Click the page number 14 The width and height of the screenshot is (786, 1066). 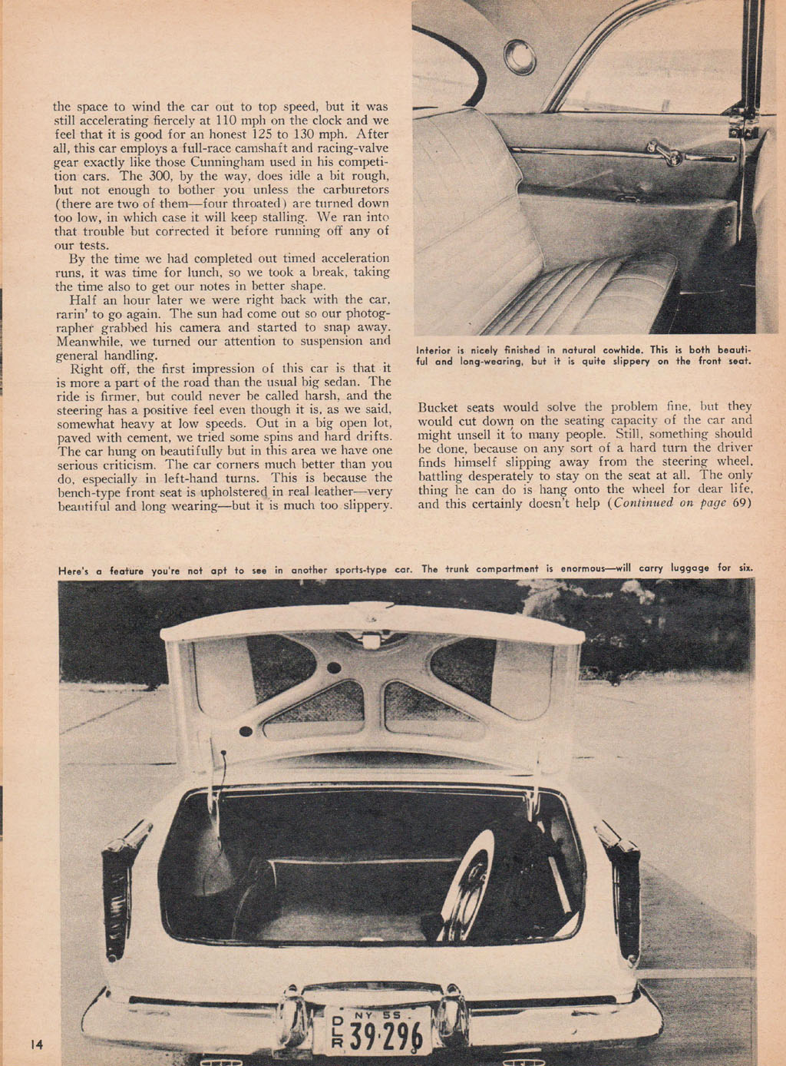pos(37,1044)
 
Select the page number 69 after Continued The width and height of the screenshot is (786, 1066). pos(741,503)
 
